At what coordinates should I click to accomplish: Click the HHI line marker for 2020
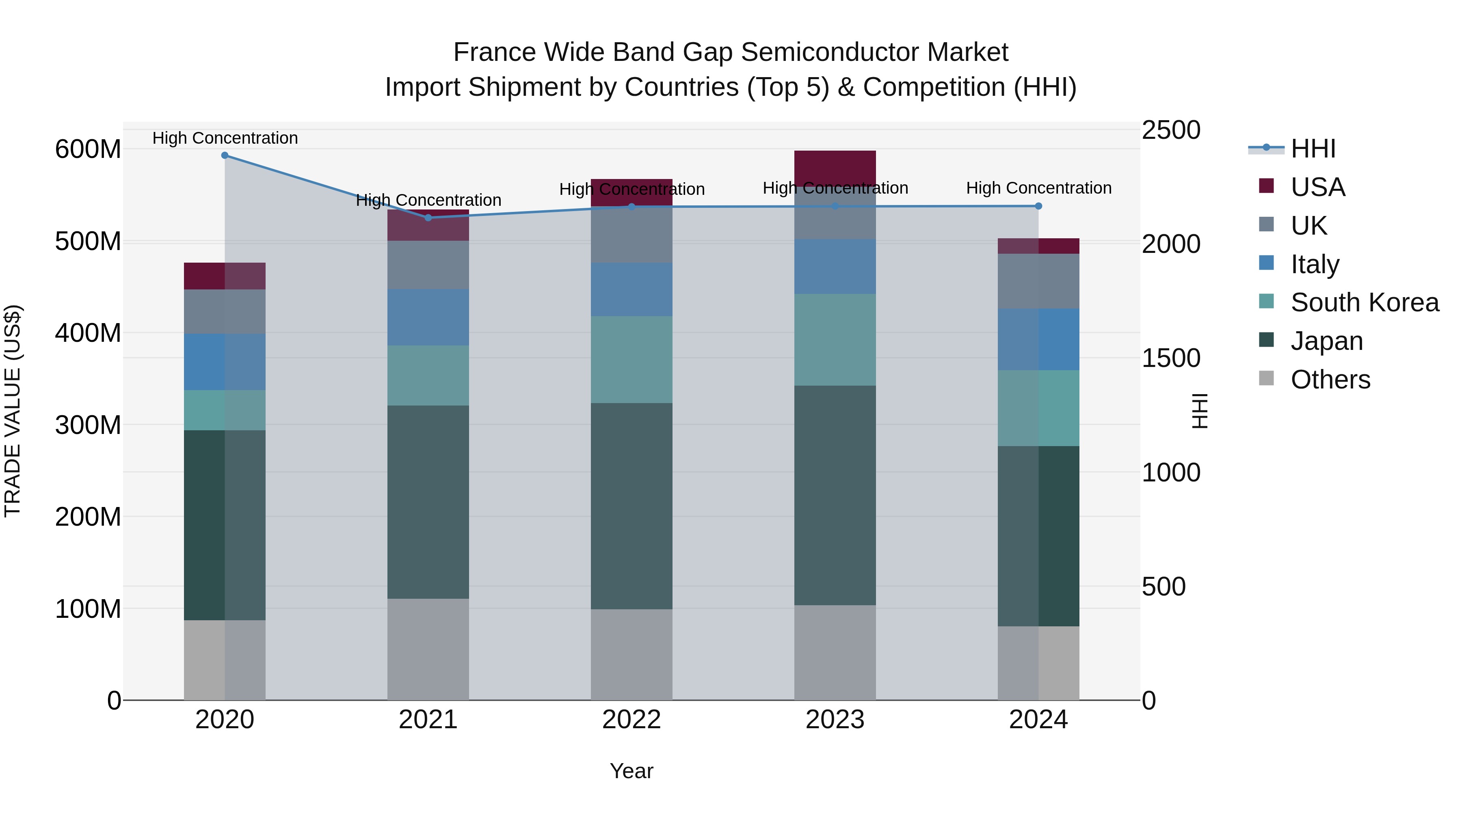click(x=225, y=155)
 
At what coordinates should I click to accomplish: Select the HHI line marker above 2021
click(x=428, y=218)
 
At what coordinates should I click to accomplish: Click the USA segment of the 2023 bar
click(x=835, y=168)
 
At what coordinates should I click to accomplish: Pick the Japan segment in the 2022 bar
click(x=631, y=506)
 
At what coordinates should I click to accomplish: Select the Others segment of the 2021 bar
click(x=428, y=649)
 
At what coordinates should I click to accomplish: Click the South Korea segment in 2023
click(x=835, y=339)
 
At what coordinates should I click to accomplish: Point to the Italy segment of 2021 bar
click(x=428, y=317)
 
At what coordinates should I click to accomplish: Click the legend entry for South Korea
click(x=1365, y=302)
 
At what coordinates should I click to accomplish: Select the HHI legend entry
click(x=1313, y=149)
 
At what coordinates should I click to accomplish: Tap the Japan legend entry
click(x=1326, y=341)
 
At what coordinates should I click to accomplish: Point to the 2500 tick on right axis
click(x=1171, y=130)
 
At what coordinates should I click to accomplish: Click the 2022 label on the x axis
click(x=631, y=720)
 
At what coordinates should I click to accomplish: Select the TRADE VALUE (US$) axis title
click(x=13, y=411)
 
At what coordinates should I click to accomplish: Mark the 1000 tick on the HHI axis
click(x=1171, y=472)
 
